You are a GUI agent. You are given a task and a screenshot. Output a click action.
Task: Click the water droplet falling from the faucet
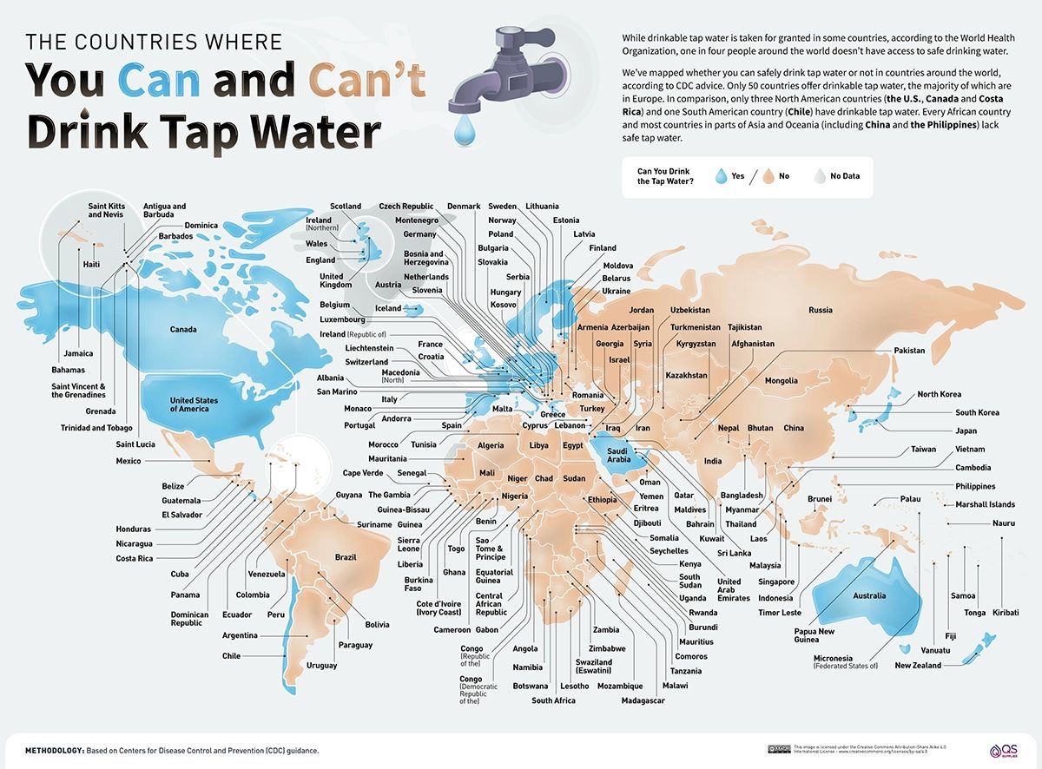pyautogui.click(x=467, y=131)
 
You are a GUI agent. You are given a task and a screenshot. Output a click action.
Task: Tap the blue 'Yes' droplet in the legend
pyautogui.click(x=720, y=176)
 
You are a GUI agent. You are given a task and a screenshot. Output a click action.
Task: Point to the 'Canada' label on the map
pyautogui.click(x=183, y=330)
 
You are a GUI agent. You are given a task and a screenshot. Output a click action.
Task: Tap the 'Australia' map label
pyautogui.click(x=869, y=595)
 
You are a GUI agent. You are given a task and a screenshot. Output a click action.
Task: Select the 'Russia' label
pyautogui.click(x=820, y=310)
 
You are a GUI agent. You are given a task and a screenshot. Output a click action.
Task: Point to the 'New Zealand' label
pyautogui.click(x=918, y=666)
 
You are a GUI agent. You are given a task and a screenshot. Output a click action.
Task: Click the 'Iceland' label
pyautogui.click(x=388, y=308)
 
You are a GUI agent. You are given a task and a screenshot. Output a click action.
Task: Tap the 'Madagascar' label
pyautogui.click(x=643, y=700)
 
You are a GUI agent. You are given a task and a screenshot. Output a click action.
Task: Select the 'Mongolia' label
pyautogui.click(x=781, y=381)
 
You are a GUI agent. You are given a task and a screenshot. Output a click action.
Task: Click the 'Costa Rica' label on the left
pyautogui.click(x=135, y=558)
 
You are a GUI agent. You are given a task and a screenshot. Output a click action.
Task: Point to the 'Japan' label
pyautogui.click(x=966, y=431)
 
